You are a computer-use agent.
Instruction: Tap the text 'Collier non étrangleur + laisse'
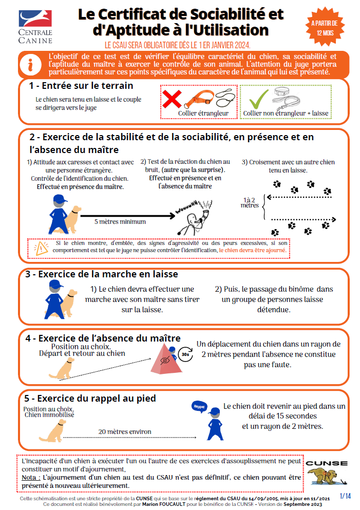(286, 113)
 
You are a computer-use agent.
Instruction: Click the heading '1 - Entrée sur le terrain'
(81, 86)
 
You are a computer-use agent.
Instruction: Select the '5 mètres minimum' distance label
(120, 222)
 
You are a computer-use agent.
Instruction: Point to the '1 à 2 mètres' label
(250, 202)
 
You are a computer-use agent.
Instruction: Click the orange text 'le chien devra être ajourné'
(252, 251)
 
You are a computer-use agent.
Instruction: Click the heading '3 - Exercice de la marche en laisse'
(102, 274)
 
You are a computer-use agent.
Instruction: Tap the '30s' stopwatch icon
(185, 354)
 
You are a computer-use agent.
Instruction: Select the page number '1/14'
(345, 496)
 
